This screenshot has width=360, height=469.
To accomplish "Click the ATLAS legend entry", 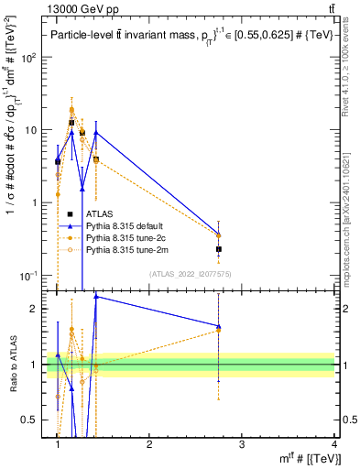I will pos(98,213).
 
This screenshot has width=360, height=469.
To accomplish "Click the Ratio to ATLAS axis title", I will pos(13,365).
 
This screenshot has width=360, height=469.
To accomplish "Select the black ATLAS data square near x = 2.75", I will pos(219,249).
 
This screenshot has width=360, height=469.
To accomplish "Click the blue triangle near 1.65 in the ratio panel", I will pos(219,326).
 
